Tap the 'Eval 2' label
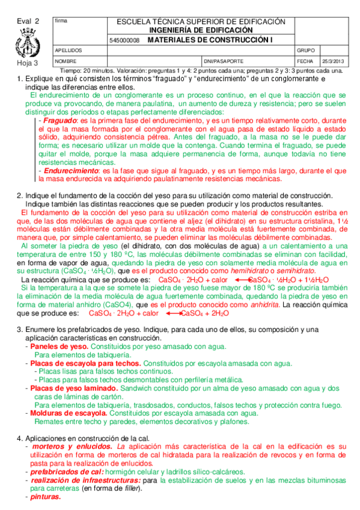point(28,20)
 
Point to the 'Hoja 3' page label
point(27,62)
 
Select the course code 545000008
point(124,40)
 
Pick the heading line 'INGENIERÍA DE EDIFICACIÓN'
point(201,29)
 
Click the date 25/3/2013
point(334,61)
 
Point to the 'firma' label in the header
point(61,21)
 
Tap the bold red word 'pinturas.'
point(46,497)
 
